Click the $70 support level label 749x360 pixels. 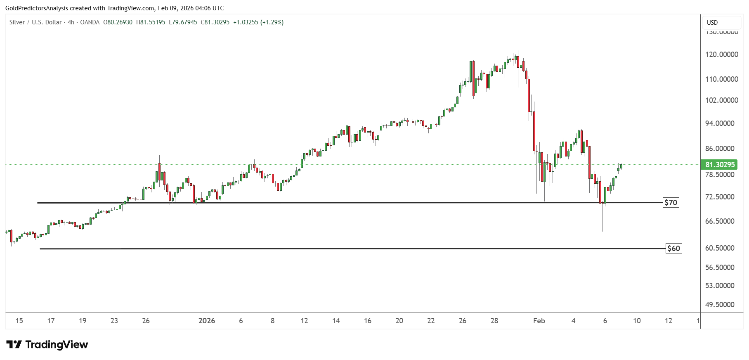click(671, 203)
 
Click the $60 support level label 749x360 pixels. click(673, 249)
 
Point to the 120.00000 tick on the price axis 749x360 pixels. click(722, 54)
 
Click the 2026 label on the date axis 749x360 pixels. click(207, 321)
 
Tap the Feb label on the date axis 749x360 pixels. click(539, 321)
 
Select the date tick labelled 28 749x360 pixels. click(494, 321)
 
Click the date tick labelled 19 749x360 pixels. click(83, 321)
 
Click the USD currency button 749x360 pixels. click(712, 23)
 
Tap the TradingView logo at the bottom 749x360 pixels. click(47, 345)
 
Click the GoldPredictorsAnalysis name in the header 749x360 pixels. click(37, 8)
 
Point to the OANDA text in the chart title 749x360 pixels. click(90, 22)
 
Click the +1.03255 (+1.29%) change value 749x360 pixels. click(258, 22)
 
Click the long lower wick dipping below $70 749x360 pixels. click(603, 219)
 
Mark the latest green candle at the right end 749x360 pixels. click(621, 166)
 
